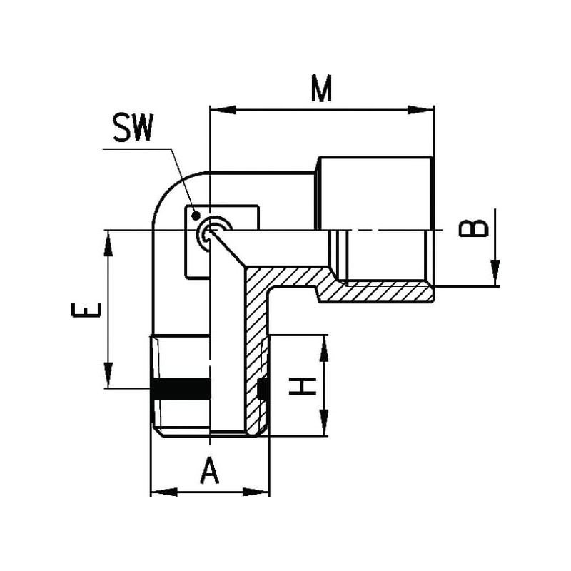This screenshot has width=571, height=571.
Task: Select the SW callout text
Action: (x=133, y=128)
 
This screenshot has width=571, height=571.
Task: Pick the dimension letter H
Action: (x=303, y=386)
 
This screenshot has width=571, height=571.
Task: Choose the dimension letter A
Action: (x=209, y=471)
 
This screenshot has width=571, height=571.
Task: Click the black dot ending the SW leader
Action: (x=196, y=216)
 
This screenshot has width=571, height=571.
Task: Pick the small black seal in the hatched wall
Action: (x=263, y=388)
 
